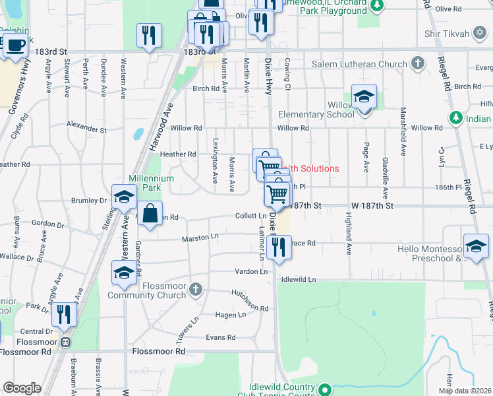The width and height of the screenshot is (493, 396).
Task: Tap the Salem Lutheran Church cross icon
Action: click(x=417, y=64)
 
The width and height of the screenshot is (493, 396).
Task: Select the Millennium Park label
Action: click(x=151, y=183)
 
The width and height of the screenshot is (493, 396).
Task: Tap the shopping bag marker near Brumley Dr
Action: click(x=150, y=213)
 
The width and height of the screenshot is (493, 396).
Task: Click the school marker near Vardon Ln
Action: click(x=124, y=272)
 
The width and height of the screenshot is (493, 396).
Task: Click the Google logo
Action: click(x=22, y=388)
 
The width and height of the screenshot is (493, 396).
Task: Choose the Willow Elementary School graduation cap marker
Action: click(x=364, y=98)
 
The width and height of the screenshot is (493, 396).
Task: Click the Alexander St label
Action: click(x=86, y=125)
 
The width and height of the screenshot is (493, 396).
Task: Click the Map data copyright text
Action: click(x=465, y=391)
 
